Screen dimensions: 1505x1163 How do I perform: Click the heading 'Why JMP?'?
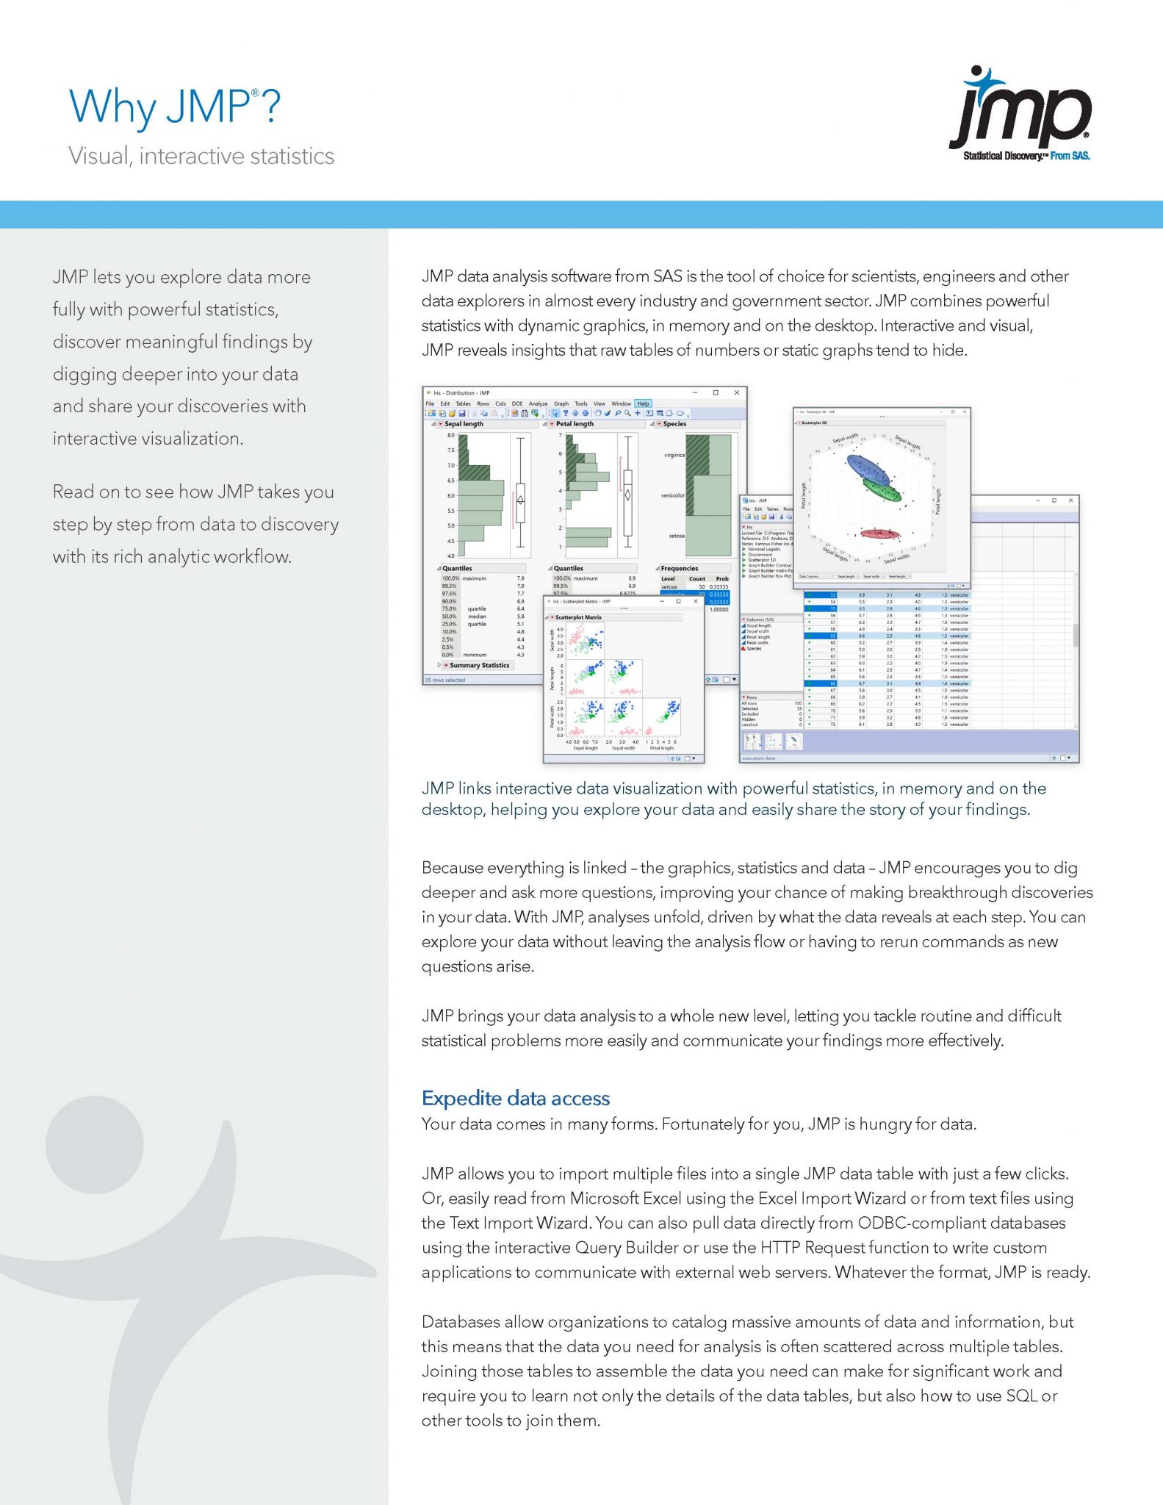(174, 107)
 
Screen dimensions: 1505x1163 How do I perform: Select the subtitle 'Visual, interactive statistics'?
(201, 156)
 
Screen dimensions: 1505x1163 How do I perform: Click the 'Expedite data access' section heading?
(515, 1098)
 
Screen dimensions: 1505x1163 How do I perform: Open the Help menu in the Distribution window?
(643, 403)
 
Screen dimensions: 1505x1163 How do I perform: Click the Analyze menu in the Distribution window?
(538, 403)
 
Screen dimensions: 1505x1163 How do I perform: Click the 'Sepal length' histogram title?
(464, 424)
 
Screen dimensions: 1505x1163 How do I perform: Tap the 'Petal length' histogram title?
(575, 424)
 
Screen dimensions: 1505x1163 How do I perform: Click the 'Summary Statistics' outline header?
(479, 665)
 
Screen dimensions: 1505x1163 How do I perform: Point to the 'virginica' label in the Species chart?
(674, 455)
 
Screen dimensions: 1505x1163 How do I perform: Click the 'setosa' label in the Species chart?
(676, 536)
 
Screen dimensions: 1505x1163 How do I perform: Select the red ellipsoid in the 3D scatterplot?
(879, 534)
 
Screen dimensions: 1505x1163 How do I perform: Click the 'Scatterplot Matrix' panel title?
(578, 617)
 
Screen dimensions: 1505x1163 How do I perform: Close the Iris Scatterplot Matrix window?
(696, 601)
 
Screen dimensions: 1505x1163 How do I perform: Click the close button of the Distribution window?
(736, 392)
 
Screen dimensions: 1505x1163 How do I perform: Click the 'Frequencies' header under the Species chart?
(679, 568)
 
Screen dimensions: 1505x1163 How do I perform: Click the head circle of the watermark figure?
(94, 1144)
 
